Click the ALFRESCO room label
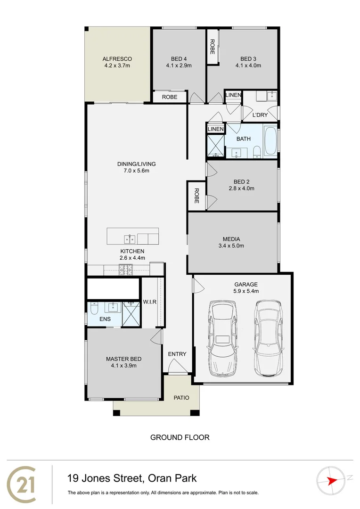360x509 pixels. pos(117,59)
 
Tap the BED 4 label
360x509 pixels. pos(179,59)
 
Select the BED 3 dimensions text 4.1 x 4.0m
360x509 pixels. pos(248,66)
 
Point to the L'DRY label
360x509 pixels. pos(260,115)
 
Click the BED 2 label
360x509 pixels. pos(244,182)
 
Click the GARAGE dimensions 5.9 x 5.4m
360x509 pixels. pos(246,291)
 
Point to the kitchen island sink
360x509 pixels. pos(130,238)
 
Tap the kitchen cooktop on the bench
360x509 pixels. pos(126,270)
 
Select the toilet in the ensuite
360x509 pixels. pos(94,310)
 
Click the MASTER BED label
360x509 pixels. pos(123,359)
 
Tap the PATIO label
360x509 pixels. pos(181,398)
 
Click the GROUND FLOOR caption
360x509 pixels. pos(180,437)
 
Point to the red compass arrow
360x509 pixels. pos(333,480)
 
